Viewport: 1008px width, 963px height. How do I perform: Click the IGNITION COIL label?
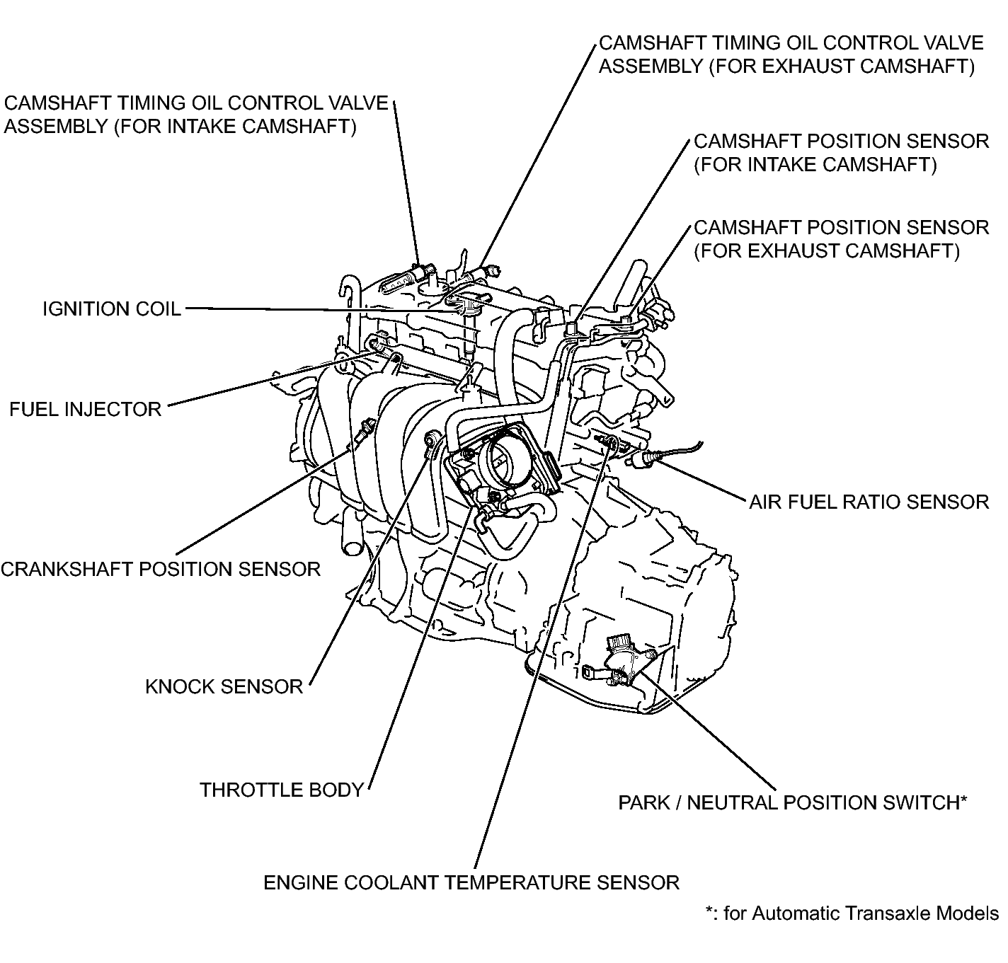(x=111, y=309)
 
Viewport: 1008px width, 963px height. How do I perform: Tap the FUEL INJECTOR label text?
(x=85, y=409)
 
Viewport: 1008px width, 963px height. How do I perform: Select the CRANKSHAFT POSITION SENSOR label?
(x=161, y=569)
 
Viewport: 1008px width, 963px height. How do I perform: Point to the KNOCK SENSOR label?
(x=224, y=686)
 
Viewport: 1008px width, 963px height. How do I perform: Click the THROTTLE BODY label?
(x=281, y=790)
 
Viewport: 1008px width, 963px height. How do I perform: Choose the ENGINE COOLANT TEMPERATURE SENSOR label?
(x=471, y=882)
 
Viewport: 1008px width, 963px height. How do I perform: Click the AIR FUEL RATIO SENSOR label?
(x=869, y=502)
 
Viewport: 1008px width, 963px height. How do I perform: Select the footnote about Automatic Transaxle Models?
(x=852, y=913)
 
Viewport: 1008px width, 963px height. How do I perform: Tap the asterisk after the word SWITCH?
(x=963, y=801)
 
